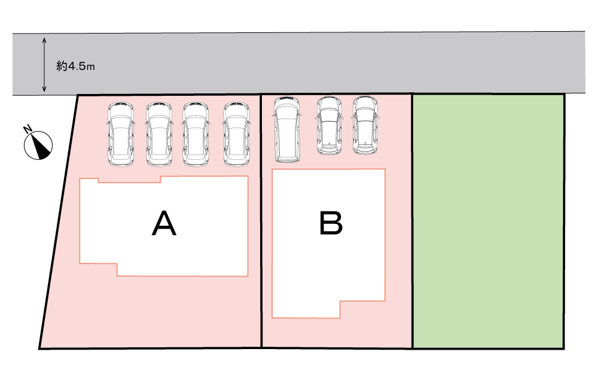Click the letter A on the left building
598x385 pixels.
click(164, 223)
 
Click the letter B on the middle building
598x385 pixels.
click(331, 223)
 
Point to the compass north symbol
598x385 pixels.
click(39, 144)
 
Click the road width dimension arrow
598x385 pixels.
click(44, 65)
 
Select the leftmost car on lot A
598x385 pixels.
click(121, 134)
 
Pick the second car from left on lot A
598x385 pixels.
click(160, 134)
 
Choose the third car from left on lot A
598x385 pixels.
click(196, 134)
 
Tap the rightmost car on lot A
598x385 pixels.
click(236, 134)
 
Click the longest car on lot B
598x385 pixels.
click(286, 129)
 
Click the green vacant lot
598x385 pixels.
click(488, 222)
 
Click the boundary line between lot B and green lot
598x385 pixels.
click(413, 240)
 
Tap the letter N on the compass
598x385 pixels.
click(28, 129)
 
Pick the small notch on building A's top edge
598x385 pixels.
click(129, 180)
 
